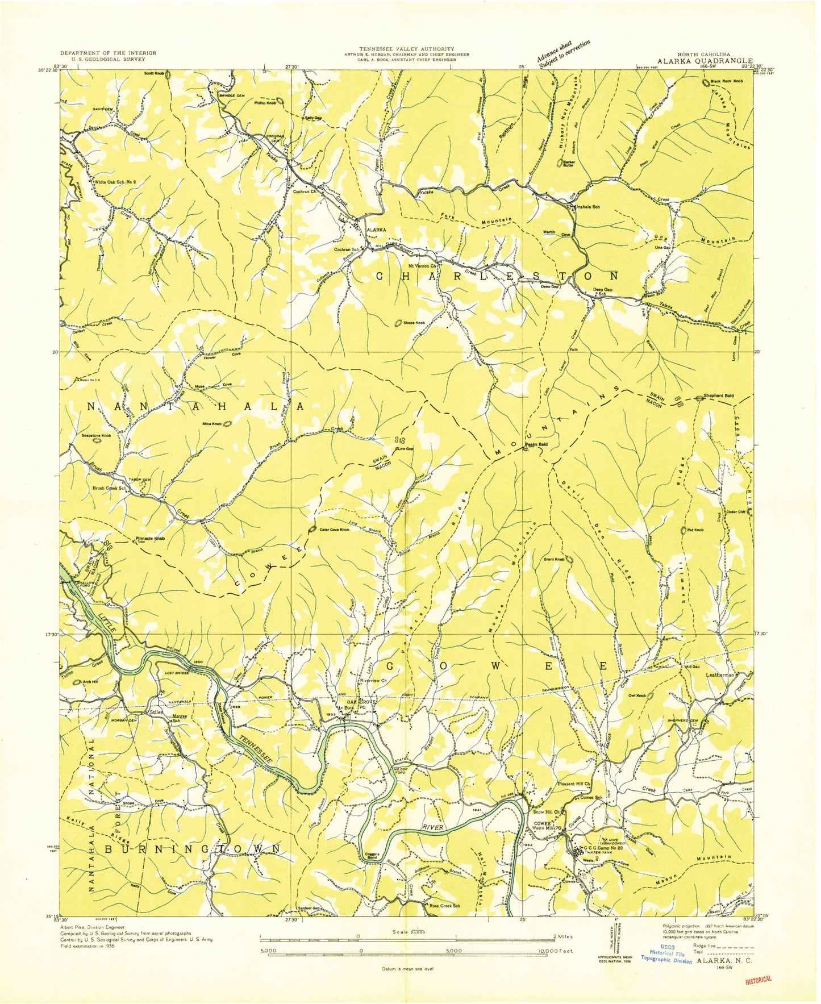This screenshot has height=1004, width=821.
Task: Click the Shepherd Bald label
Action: click(x=718, y=396)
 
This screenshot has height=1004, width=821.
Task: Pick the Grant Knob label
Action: click(x=553, y=560)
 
